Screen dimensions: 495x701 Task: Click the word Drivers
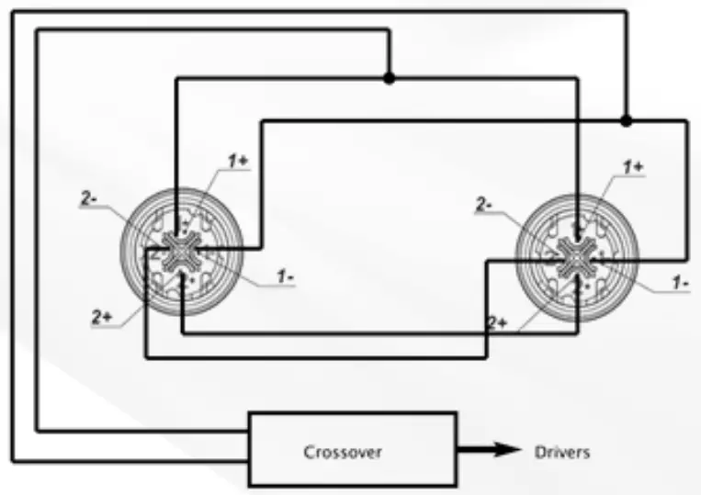click(x=562, y=451)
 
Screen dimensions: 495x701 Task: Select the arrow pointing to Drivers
click(x=487, y=450)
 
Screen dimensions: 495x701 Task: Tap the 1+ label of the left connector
click(x=238, y=161)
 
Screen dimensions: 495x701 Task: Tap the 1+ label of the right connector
click(x=633, y=167)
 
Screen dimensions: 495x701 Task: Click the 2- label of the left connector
click(x=89, y=197)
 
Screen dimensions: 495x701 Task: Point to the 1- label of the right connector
click(x=680, y=283)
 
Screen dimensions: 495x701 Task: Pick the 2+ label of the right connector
click(x=497, y=322)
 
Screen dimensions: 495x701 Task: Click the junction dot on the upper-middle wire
click(x=389, y=79)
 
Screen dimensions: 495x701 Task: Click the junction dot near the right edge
click(x=627, y=120)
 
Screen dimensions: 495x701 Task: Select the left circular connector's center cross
click(x=181, y=250)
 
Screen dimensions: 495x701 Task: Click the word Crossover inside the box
click(x=342, y=451)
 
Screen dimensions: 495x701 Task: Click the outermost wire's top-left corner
click(x=13, y=11)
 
